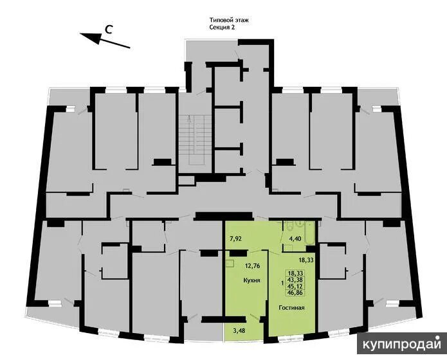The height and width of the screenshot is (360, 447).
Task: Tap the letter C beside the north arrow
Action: (110, 28)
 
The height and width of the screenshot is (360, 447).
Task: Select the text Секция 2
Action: (223, 28)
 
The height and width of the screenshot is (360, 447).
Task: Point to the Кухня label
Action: (251, 281)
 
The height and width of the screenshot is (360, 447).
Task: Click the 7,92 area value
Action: (236, 240)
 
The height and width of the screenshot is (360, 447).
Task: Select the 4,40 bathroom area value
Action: (296, 240)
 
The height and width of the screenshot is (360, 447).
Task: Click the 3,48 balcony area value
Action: (239, 332)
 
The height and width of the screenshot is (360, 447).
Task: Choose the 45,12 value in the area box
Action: (296, 286)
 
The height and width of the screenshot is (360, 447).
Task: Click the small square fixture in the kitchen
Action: (229, 263)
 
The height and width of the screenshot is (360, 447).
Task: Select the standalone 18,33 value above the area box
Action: (307, 260)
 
